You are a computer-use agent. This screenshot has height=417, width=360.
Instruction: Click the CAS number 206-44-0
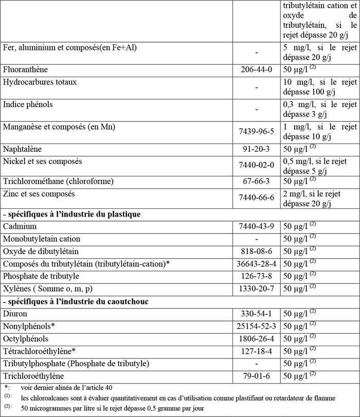click(x=257, y=69)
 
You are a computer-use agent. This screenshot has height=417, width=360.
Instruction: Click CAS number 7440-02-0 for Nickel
click(x=257, y=165)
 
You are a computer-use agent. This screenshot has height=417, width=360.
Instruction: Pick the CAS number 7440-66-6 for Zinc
click(x=257, y=198)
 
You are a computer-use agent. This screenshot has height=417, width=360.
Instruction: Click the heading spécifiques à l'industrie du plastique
click(x=72, y=214)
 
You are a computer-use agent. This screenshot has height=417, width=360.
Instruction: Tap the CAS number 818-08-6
click(x=257, y=251)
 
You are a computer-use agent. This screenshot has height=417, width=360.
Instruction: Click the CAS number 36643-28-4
click(x=257, y=264)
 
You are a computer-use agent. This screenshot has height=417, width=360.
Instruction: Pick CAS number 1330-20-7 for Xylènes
click(x=257, y=288)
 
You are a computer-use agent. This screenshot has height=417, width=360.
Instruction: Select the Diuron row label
click(x=15, y=313)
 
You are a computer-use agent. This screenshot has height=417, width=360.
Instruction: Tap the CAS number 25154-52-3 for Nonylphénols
click(x=257, y=326)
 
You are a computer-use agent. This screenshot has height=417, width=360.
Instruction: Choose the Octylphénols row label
click(x=26, y=338)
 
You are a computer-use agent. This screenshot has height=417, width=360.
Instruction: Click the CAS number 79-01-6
click(x=257, y=376)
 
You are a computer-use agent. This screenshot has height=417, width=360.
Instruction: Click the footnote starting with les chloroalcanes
click(x=178, y=398)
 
